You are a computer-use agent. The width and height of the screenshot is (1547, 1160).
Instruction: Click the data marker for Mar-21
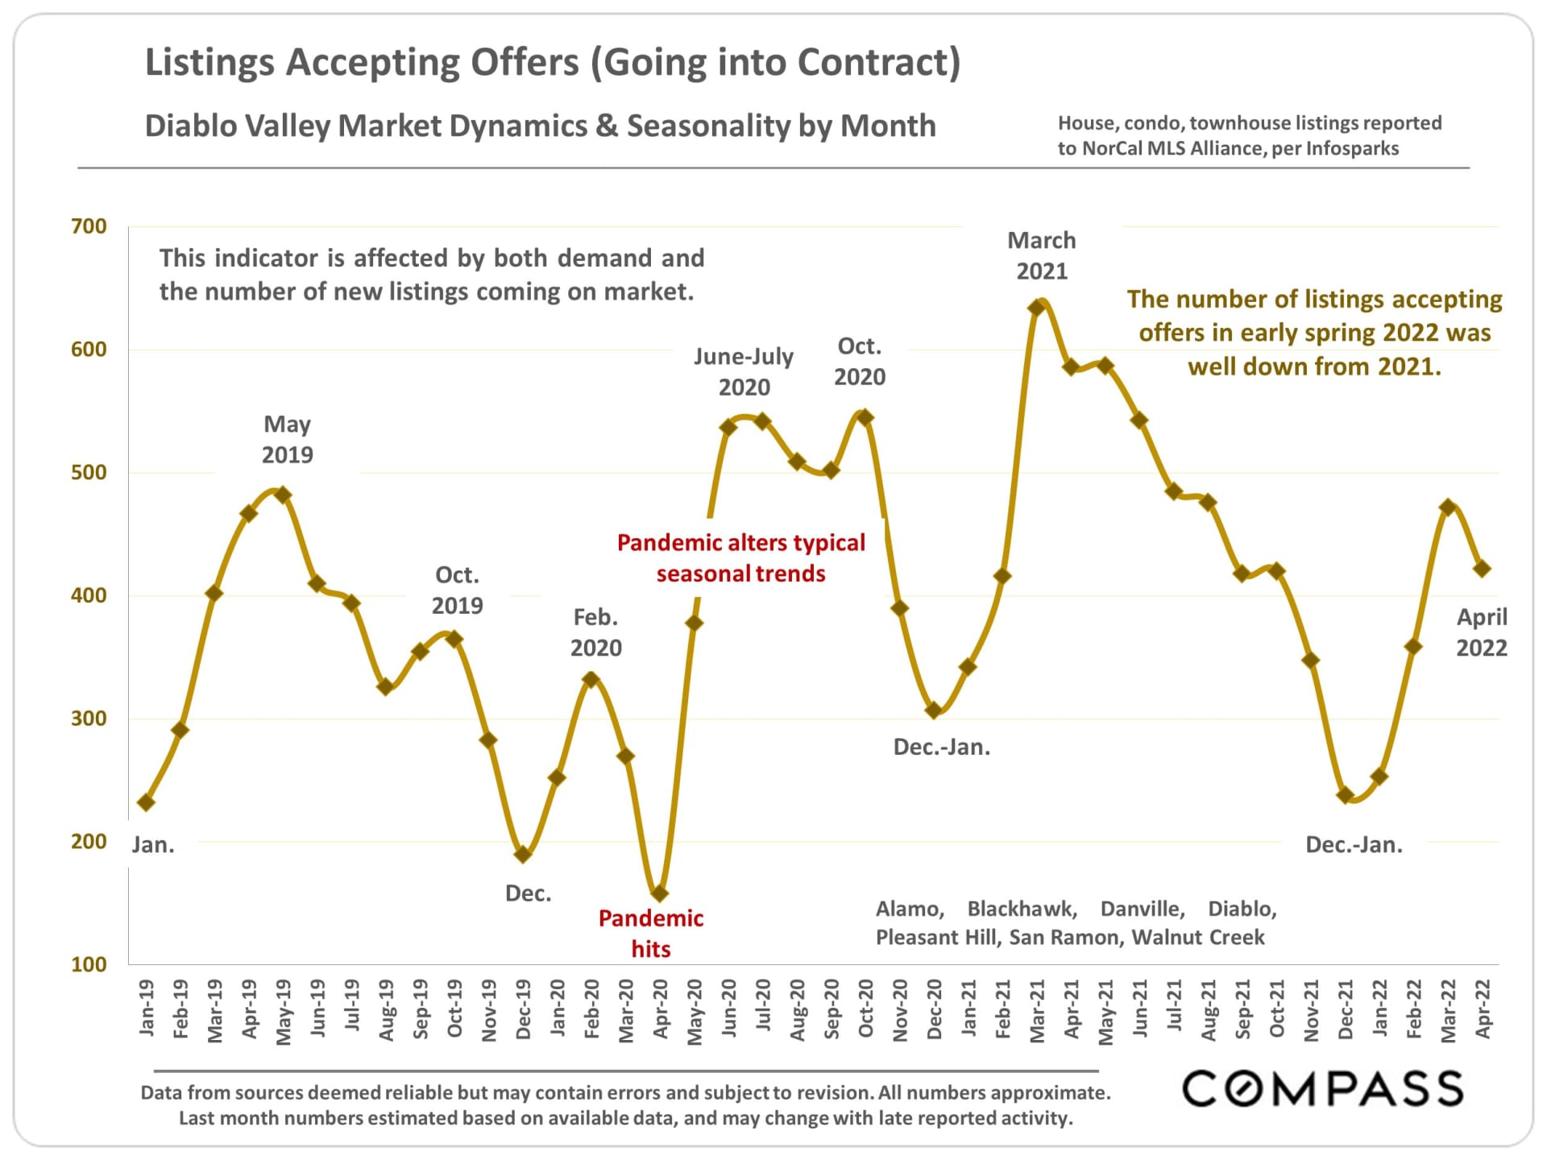click(1037, 308)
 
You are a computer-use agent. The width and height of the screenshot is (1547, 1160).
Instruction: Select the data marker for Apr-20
click(660, 893)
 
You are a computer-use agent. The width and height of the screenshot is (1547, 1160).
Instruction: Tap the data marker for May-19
click(283, 495)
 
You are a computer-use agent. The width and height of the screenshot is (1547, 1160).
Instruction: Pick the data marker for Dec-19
click(523, 854)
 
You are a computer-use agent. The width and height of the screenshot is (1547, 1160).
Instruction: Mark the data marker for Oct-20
click(865, 417)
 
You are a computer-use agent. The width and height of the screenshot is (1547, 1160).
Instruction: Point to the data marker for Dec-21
click(1345, 795)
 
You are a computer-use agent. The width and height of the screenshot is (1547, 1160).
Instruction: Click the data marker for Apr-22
click(1482, 569)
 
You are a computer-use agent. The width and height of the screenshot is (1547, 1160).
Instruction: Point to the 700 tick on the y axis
click(89, 226)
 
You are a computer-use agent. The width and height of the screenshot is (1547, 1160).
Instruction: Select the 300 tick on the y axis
click(89, 719)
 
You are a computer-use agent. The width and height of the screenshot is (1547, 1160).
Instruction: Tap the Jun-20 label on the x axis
click(729, 1008)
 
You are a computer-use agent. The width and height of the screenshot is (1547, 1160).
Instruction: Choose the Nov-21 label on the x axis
click(1311, 1010)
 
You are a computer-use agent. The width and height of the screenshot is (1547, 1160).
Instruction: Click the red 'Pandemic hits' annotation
click(650, 933)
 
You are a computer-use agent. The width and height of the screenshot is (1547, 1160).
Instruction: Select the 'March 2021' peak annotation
click(1042, 255)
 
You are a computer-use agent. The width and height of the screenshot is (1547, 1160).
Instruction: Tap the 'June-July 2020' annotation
click(744, 371)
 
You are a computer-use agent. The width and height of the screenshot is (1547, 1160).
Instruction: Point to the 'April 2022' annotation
click(1482, 632)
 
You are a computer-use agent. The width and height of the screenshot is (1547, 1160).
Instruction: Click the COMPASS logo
click(1322, 1089)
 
